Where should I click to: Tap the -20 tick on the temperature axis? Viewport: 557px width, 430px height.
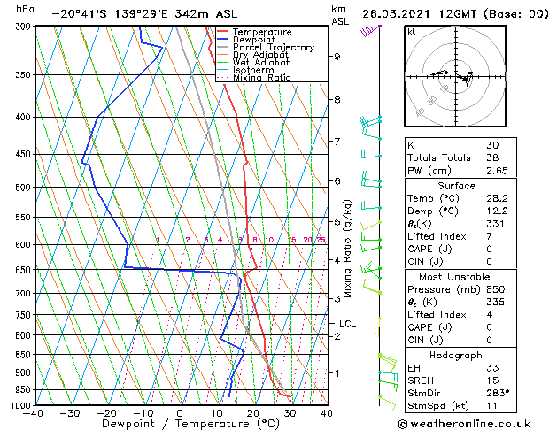click(x=106, y=413)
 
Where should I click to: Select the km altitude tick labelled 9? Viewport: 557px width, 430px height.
click(x=337, y=57)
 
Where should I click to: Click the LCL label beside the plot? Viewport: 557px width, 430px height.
click(x=347, y=324)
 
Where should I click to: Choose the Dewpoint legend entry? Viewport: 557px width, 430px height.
click(x=254, y=40)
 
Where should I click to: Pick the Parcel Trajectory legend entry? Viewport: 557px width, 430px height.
click(x=273, y=48)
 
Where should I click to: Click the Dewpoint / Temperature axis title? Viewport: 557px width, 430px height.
click(x=180, y=425)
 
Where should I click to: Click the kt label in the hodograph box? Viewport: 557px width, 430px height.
click(x=411, y=32)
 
